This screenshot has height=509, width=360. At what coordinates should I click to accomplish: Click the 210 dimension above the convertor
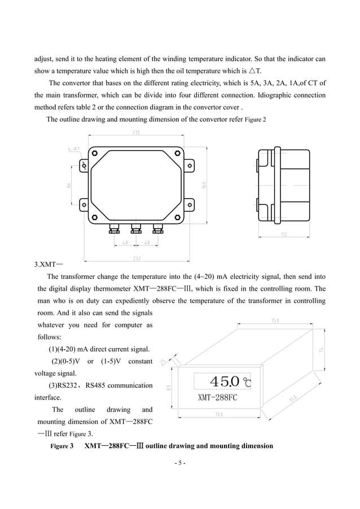click(x=136, y=133)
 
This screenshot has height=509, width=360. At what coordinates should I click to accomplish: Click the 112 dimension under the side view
click(x=284, y=233)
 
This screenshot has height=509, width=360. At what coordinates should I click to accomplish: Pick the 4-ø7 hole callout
click(x=74, y=149)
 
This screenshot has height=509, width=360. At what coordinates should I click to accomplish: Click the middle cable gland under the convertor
click(x=135, y=229)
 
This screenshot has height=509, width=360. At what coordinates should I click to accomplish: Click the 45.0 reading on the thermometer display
click(x=225, y=381)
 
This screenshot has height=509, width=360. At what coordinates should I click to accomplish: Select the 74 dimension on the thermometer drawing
click(x=321, y=350)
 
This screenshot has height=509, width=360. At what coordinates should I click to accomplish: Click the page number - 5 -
click(x=180, y=463)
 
